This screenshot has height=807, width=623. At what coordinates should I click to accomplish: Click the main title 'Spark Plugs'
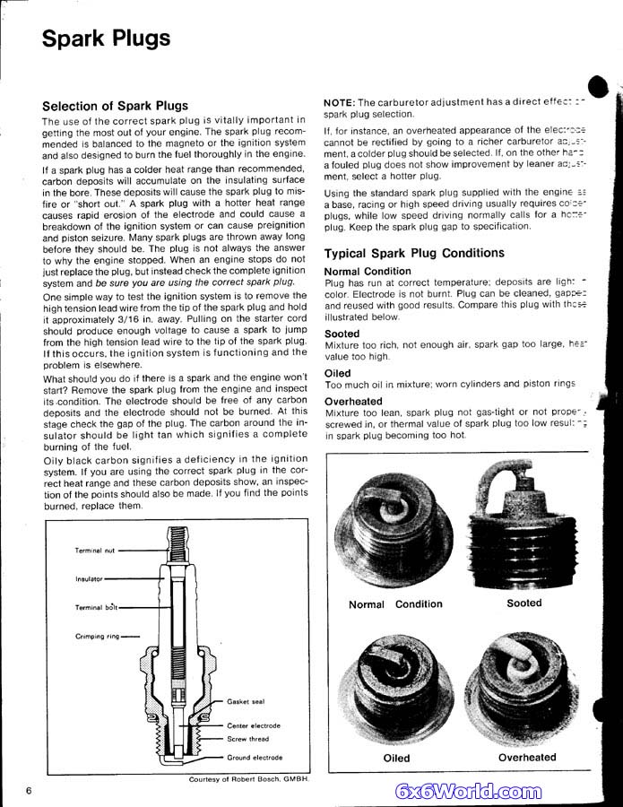click(107, 39)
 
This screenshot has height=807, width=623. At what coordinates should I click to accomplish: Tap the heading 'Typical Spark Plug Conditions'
click(414, 253)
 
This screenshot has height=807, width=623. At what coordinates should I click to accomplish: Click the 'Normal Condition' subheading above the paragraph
click(368, 271)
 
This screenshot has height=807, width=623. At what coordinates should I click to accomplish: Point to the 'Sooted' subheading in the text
click(342, 334)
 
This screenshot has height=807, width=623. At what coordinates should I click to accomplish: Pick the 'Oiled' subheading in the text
click(338, 373)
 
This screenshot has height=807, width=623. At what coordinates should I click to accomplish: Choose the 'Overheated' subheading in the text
click(353, 402)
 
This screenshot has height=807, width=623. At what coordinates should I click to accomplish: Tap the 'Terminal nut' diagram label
click(95, 551)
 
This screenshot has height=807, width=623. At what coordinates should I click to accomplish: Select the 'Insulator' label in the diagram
click(89, 578)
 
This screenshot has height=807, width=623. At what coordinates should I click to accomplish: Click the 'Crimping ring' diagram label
click(97, 637)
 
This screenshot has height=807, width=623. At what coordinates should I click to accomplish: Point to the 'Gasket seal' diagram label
click(246, 702)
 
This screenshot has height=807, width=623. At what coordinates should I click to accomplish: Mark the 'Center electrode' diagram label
click(254, 725)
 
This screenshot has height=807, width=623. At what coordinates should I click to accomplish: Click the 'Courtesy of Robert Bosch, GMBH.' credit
click(248, 780)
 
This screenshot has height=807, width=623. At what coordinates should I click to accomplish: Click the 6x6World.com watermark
click(469, 791)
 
